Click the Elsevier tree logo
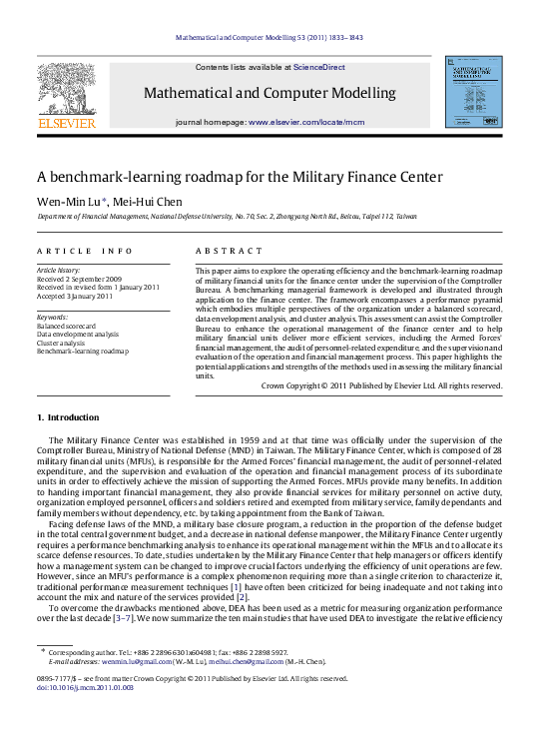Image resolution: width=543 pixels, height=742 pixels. pos(66,89)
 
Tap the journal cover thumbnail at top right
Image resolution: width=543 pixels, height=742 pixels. pos(473,92)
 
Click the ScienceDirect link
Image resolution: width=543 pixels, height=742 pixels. pos(319,68)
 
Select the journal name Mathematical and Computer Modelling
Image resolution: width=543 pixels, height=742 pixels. pos(270,94)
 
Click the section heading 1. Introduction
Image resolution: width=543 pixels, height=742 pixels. pos(68,416)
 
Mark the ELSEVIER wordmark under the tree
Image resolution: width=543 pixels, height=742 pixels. pos(66,124)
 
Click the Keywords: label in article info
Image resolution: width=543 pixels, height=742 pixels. pos(53,318)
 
